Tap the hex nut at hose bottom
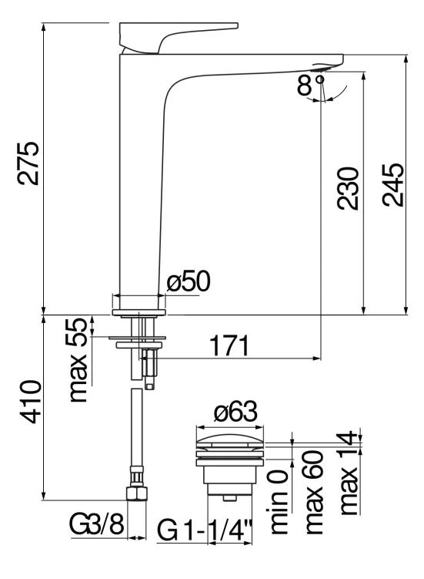click(136, 493)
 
